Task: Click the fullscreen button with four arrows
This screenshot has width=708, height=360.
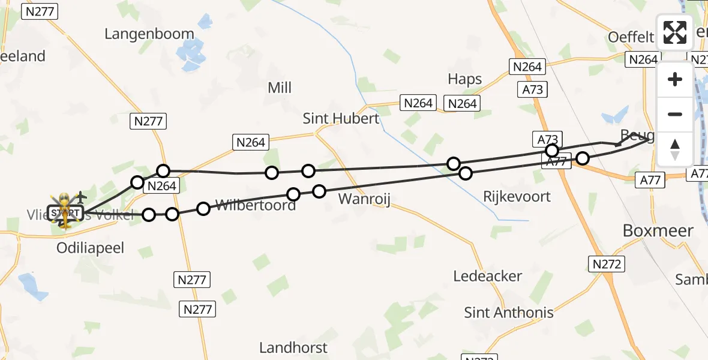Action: tap(675, 32)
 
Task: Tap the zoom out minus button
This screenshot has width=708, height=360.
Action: tap(675, 114)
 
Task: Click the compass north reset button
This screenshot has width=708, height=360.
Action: tap(675, 149)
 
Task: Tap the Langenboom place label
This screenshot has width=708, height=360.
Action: tap(149, 34)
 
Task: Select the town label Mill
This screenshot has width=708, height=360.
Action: tap(280, 88)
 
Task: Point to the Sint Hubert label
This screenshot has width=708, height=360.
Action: tap(341, 118)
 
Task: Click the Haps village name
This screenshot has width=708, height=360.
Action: tap(465, 79)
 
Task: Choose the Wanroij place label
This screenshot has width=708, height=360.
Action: tap(365, 199)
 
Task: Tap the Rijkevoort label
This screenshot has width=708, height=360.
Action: tap(517, 197)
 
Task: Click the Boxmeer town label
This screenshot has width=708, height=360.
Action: tap(658, 230)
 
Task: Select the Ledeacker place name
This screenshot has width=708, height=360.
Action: tap(488, 277)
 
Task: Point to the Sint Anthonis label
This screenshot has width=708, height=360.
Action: tap(509, 312)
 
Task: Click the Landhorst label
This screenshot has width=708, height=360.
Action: tap(293, 347)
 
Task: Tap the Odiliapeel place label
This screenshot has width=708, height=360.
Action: tap(90, 248)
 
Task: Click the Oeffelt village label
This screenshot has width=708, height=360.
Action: tap(631, 37)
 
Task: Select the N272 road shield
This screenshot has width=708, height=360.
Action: tap(607, 264)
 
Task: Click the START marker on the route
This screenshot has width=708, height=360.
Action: tap(64, 213)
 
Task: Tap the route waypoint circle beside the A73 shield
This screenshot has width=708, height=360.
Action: tap(552, 150)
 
